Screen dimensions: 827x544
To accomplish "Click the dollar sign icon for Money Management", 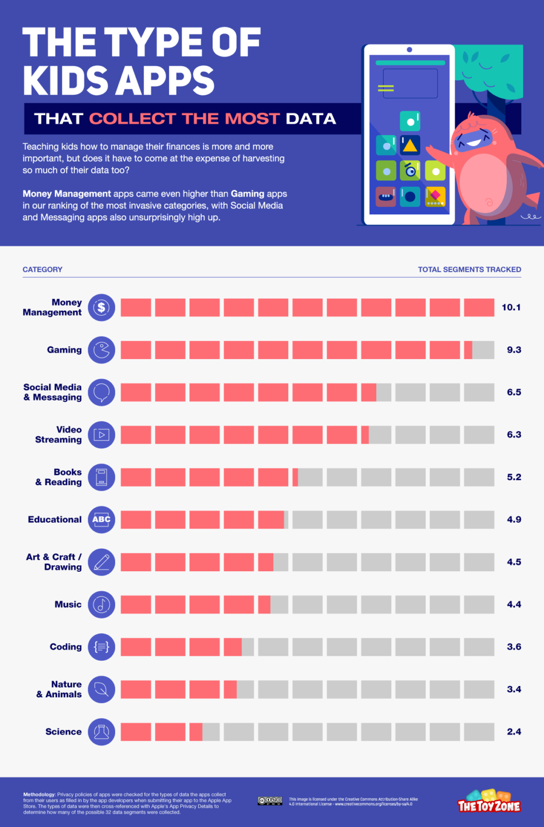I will click(102, 307).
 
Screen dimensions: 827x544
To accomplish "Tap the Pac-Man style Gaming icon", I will click(102, 350).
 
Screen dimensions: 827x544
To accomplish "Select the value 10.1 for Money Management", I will click(511, 307).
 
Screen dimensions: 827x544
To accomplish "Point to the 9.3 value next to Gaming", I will click(513, 350).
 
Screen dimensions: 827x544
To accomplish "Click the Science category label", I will click(63, 732).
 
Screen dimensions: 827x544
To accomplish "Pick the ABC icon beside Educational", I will click(102, 520).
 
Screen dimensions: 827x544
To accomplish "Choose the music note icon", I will click(102, 605).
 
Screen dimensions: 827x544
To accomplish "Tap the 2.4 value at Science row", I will click(513, 732).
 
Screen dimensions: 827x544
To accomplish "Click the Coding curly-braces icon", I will click(102, 647).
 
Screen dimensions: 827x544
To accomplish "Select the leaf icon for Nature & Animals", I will click(102, 689).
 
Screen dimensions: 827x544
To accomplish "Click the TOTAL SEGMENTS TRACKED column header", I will click(469, 269).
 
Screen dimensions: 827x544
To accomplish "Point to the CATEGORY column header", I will click(43, 269).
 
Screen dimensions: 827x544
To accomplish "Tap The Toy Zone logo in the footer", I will click(489, 802).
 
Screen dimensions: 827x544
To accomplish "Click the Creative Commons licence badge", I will click(270, 801).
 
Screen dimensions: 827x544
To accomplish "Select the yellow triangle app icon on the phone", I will click(410, 145).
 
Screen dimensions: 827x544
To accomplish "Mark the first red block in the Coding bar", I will click(136, 647).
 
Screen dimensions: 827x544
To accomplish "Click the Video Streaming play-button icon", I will click(102, 434).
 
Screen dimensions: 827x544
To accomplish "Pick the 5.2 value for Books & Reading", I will click(513, 477).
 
